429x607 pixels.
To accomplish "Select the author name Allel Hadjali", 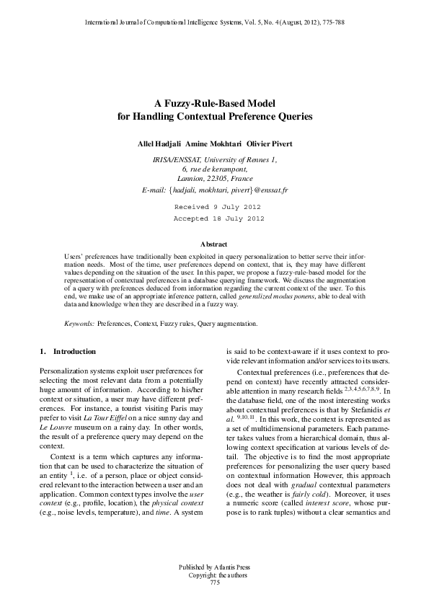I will click(x=160, y=144).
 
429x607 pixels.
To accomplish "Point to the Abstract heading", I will click(x=213, y=245).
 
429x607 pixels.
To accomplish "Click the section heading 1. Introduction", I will click(x=67, y=352).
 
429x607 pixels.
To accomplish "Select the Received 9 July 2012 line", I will click(x=213, y=206).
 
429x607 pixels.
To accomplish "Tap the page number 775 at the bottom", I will click(x=213, y=582).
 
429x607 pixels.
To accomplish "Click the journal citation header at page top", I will click(x=214, y=22).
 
